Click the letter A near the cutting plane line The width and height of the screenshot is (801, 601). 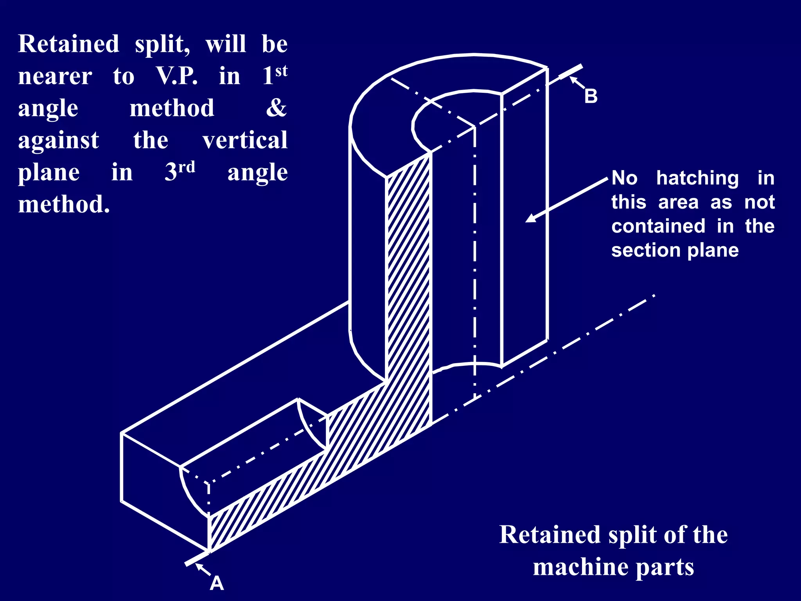[217, 583]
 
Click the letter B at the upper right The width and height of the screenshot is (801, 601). [591, 96]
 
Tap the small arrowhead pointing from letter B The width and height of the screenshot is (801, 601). [573, 80]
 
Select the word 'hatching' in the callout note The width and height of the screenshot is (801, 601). [697, 178]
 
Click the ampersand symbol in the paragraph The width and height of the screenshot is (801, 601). [276, 108]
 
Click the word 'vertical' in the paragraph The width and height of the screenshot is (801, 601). [245, 140]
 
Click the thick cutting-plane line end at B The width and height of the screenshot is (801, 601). [571, 72]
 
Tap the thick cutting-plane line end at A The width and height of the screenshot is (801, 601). [197, 558]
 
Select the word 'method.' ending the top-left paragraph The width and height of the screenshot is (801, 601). [64, 204]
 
